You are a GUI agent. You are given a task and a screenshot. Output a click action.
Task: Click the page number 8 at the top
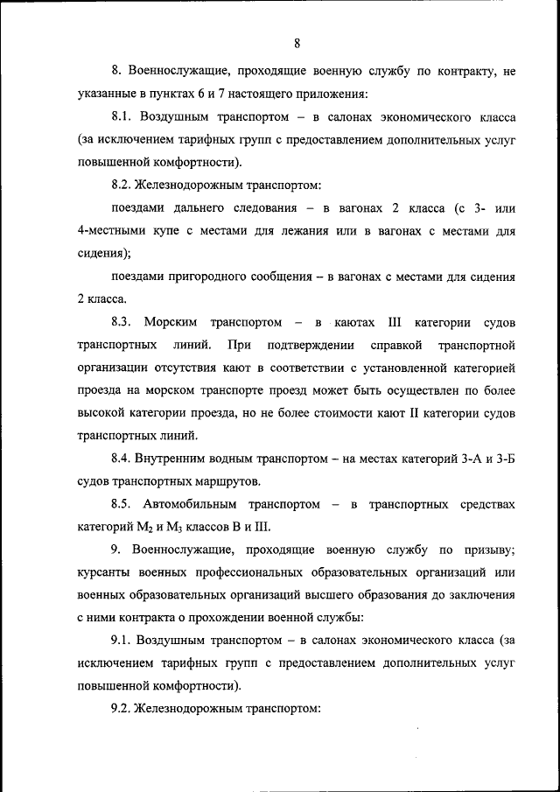pos(297,44)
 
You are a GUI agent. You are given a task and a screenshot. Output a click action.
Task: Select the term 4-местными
pos(109,231)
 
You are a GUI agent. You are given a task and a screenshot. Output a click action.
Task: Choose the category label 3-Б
pos(503,459)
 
